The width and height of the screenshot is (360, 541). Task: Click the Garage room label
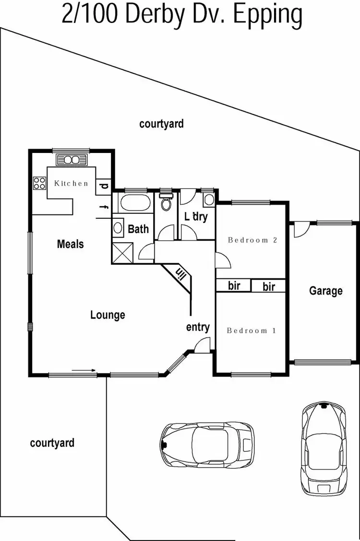point(326,291)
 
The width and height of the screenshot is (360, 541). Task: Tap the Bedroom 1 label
point(251,330)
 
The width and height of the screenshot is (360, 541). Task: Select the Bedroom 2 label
point(252,240)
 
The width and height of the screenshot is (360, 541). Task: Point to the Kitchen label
point(71,183)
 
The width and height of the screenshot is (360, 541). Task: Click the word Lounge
point(108,315)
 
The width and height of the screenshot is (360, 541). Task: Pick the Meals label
point(70,244)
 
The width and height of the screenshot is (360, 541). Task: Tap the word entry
point(198,327)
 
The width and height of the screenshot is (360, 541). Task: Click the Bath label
point(138,229)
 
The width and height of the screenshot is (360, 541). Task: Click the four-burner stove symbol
point(39,183)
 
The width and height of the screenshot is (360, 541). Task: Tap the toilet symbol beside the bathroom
point(166,202)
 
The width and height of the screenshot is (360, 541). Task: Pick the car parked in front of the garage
point(324,448)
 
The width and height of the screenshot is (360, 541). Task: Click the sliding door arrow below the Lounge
point(84,370)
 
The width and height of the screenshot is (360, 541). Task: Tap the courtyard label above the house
point(161,124)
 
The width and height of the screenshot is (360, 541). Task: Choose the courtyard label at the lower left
point(52,443)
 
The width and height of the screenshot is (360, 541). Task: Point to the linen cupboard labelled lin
point(181,274)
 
